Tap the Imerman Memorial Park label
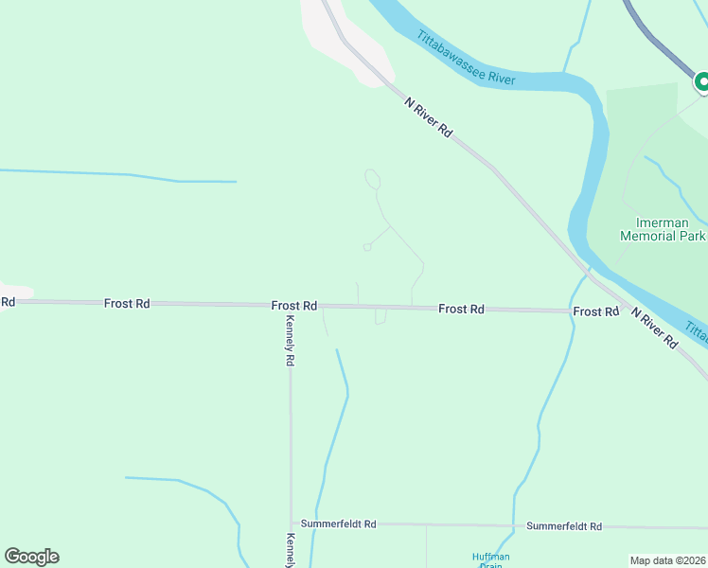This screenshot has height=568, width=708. (x=664, y=229)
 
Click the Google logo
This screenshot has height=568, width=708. (x=31, y=557)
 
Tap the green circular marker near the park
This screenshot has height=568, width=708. (x=701, y=83)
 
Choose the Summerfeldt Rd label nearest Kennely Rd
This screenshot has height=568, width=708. (x=338, y=524)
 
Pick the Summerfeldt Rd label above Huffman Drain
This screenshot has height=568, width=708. (x=564, y=525)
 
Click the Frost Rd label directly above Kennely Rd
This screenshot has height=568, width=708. (x=293, y=306)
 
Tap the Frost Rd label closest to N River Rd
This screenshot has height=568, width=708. (x=595, y=311)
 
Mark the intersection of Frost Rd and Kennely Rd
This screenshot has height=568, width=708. (x=290, y=306)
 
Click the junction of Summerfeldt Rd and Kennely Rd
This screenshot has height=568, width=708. (x=292, y=524)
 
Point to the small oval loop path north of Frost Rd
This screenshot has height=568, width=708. (x=373, y=179)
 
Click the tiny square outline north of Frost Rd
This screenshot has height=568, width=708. (x=367, y=247)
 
